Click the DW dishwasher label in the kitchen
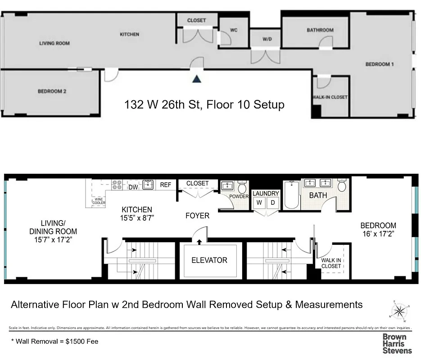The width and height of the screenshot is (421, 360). [133, 187]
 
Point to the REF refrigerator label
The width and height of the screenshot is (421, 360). [166, 184]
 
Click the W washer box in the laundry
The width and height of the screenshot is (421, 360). [259, 203]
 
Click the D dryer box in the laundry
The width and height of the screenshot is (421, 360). [272, 203]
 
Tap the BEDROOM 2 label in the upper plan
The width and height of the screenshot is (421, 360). [52, 91]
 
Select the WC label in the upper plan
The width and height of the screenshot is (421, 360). [234, 31]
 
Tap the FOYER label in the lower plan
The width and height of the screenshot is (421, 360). [198, 216]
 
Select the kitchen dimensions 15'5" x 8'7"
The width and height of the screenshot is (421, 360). [136, 218]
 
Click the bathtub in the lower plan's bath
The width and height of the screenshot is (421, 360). [291, 194]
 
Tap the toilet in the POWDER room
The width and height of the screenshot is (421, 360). [243, 186]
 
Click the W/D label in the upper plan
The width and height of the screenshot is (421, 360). [267, 39]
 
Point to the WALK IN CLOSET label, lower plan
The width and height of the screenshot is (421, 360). [331, 263]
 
